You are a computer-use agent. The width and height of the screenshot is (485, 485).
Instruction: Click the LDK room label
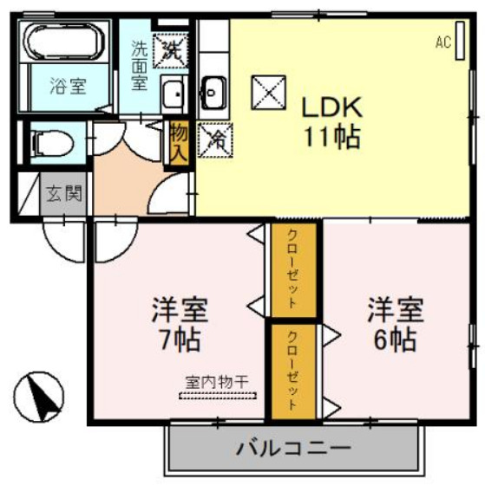[330, 109]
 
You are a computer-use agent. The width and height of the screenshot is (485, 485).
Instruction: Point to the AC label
[443, 42]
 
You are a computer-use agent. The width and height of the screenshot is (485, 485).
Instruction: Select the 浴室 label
[67, 86]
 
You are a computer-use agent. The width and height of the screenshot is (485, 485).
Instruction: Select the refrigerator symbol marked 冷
[213, 139]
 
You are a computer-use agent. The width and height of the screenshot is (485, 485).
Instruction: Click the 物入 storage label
[179, 143]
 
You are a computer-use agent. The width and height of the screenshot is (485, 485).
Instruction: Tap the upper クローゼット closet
[293, 272]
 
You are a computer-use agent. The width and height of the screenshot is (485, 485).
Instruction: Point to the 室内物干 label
[218, 380]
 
